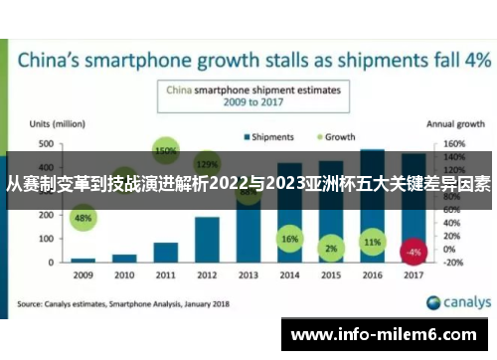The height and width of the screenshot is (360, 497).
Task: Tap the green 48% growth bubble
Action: coord(83,218)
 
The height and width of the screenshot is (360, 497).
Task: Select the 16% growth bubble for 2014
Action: coord(289,240)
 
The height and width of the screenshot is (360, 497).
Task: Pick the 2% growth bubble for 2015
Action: coord(331,248)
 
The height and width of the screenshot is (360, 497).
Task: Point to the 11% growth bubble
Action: coord(372,242)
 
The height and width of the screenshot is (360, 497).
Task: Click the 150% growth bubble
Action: coord(166,151)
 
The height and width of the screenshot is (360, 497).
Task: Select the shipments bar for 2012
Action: coord(207,239)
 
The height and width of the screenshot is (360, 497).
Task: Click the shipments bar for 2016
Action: coord(372,205)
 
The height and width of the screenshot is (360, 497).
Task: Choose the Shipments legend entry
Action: coord(266,135)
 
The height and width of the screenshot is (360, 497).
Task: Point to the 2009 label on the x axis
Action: coord(83,273)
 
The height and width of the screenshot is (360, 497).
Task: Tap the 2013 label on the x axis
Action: coord(248,273)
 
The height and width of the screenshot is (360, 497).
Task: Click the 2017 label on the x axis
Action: coord(414,273)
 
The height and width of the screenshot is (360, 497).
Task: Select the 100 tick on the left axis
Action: coord(47,239)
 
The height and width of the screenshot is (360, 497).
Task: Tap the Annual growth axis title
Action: coord(456,124)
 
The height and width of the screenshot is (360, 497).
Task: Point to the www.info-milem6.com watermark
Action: coord(388,334)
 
